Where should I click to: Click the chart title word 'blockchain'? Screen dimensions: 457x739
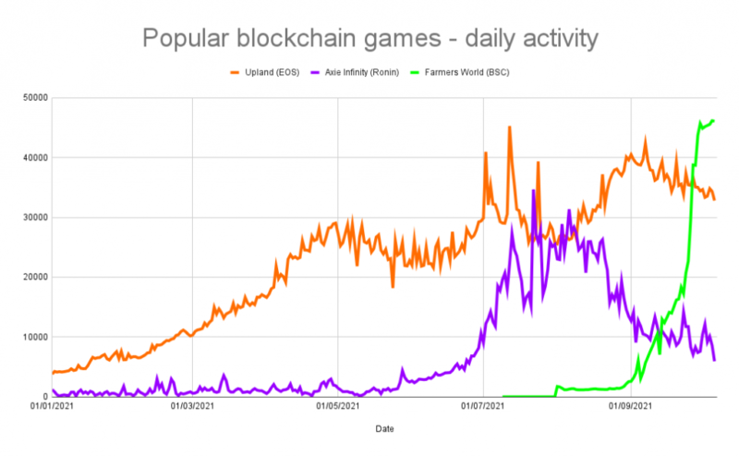pyautogui.click(x=306, y=39)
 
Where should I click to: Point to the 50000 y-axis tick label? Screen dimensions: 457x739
pyautogui.click(x=35, y=97)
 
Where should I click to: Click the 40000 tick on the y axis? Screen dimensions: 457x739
pyautogui.click(x=35, y=157)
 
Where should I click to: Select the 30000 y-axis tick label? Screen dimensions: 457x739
pyautogui.click(x=35, y=217)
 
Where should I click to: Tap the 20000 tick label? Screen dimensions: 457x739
pyautogui.click(x=35, y=277)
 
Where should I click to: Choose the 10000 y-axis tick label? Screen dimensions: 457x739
pyautogui.click(x=35, y=337)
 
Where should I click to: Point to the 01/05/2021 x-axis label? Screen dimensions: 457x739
pyautogui.click(x=338, y=405)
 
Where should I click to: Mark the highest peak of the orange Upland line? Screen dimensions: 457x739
pyautogui.click(x=509, y=127)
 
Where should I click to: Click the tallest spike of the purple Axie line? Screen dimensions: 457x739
pyautogui.click(x=533, y=191)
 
